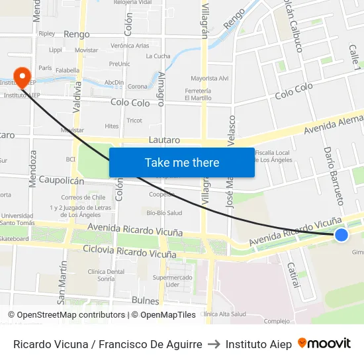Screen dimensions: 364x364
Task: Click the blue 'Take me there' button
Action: [181, 163]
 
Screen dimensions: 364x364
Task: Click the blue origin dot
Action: [341, 235]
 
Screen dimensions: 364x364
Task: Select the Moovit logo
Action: [324, 343]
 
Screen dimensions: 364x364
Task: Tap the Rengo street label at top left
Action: [77, 34]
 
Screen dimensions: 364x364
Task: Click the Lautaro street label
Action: [165, 140]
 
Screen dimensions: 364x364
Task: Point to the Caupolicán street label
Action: [62, 180]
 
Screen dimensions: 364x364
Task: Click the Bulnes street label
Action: [146, 300]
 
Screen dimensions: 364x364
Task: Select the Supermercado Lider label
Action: [173, 281]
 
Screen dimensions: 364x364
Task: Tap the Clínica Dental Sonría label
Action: [87, 275]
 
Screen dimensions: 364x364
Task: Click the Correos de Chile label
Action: [83, 197]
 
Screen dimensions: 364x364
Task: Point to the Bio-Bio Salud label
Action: [164, 212]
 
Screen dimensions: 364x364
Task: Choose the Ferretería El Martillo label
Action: [198, 94]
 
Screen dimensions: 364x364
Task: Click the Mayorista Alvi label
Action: [209, 78]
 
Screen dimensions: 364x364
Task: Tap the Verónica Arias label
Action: [130, 46]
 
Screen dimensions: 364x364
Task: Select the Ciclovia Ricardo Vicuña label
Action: [126, 250]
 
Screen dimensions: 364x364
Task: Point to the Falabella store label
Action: [68, 70]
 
